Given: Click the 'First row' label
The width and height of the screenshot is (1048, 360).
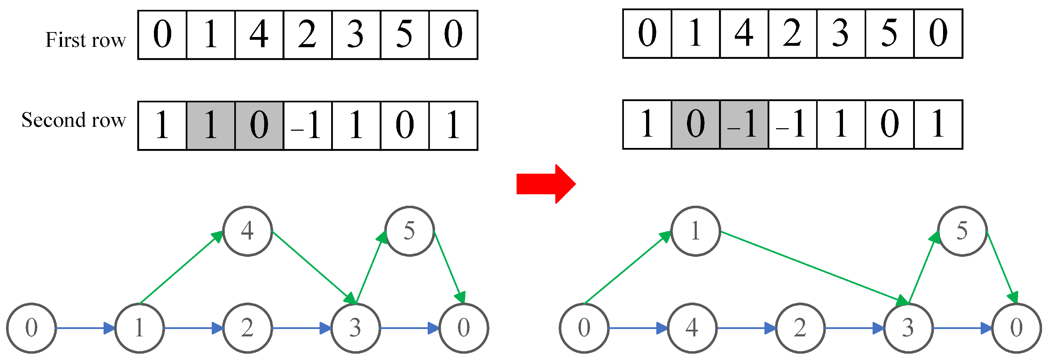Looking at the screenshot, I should (86, 40).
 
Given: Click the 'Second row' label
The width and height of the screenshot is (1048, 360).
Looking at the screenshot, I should (74, 120).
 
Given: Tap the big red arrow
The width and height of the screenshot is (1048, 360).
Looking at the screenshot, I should (546, 184).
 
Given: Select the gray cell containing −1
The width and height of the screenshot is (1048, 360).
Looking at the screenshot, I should (744, 124).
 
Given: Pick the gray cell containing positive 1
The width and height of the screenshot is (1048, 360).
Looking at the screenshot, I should (211, 125).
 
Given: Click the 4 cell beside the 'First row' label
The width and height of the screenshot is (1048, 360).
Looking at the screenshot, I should (259, 35).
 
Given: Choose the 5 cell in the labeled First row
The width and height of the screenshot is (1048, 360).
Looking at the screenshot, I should (404, 35).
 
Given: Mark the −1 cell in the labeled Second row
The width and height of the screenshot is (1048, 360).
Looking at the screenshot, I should (308, 125).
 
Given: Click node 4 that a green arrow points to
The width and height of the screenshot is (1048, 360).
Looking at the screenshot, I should (247, 231).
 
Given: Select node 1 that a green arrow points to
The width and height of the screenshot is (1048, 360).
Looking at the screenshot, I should (695, 231).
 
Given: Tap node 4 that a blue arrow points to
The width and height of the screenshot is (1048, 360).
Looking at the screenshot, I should (692, 328).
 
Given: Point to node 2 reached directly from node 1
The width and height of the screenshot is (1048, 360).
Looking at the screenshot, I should (247, 328).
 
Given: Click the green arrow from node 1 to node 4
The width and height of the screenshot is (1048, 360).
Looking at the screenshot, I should (181, 268).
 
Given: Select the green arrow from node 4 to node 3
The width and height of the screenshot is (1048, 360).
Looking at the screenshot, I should (313, 267).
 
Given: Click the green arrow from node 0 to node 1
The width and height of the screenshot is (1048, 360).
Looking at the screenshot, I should (627, 268).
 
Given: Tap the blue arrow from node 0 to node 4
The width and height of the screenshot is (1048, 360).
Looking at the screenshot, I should (638, 328).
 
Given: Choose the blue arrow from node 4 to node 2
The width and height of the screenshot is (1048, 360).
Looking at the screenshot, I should (746, 328).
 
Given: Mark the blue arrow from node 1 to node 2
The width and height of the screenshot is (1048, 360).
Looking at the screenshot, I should (194, 328).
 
